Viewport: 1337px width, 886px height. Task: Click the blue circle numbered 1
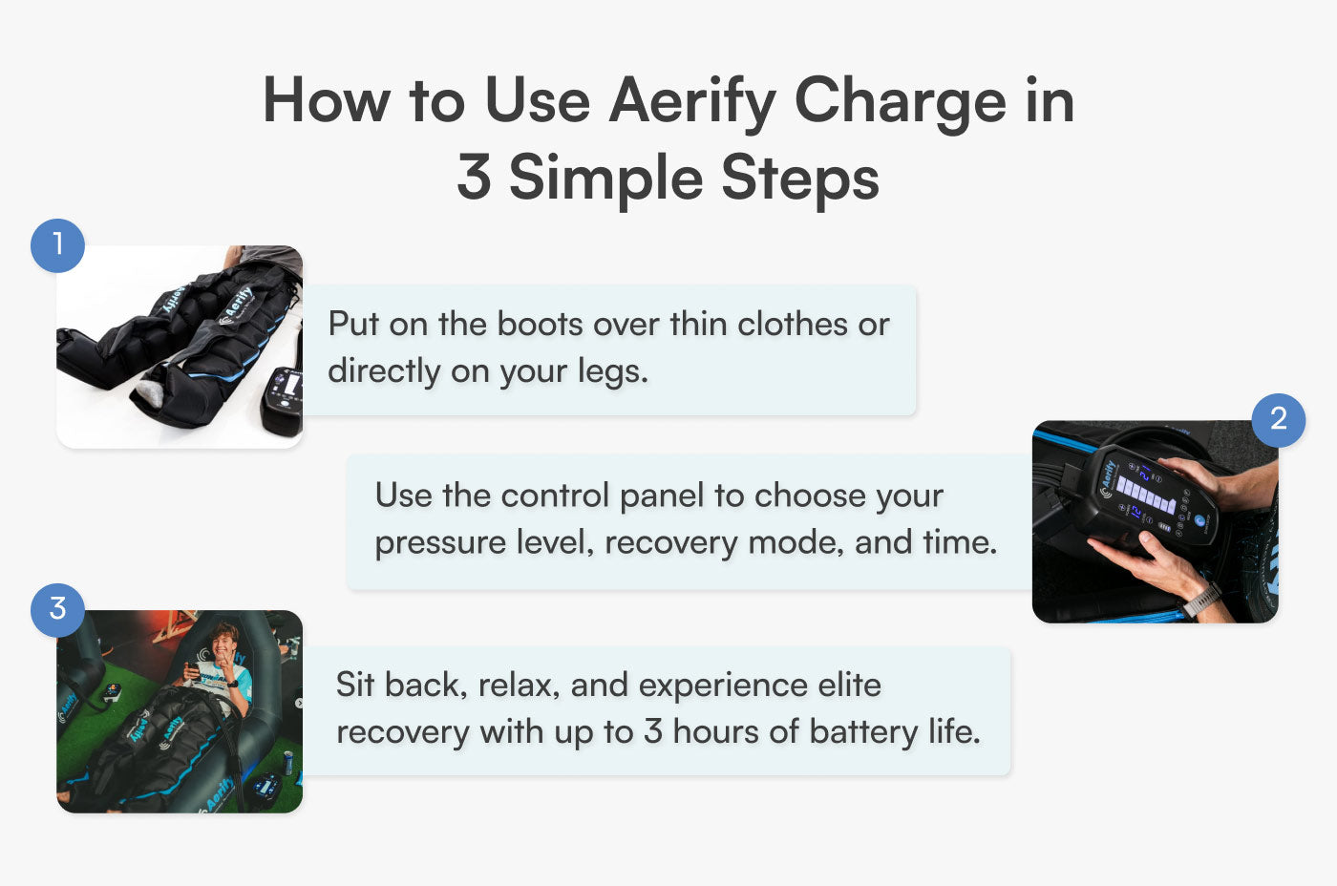point(57,245)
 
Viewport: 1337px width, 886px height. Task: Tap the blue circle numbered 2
point(1278,419)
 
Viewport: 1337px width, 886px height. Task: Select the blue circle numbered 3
point(57,609)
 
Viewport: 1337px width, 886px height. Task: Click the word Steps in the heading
point(799,179)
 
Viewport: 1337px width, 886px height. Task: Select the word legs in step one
point(612,372)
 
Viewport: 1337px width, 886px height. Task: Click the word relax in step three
point(518,686)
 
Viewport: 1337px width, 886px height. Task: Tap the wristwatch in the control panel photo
point(1200,601)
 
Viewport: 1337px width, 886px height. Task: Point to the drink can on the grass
point(287,761)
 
